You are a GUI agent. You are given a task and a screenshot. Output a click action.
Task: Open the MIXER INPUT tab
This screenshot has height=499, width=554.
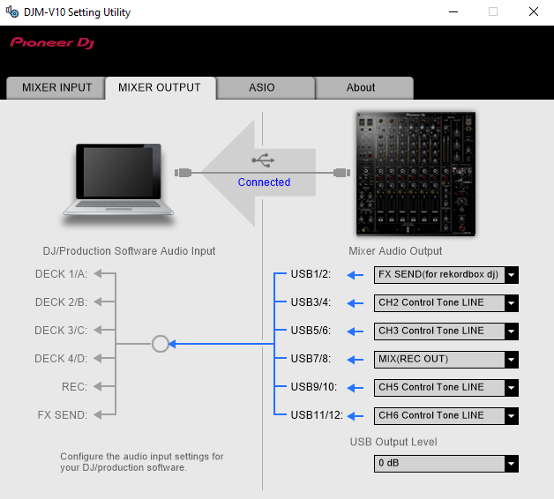pyautogui.click(x=56, y=87)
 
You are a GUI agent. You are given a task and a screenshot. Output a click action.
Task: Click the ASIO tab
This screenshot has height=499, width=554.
pyautogui.click(x=262, y=87)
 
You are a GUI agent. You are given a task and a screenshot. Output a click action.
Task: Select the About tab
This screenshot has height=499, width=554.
pyautogui.click(x=361, y=87)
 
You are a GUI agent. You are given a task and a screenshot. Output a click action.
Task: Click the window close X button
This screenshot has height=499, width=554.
pyautogui.click(x=534, y=11)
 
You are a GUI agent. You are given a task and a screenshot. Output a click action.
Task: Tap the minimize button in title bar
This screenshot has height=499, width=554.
pyautogui.click(x=453, y=11)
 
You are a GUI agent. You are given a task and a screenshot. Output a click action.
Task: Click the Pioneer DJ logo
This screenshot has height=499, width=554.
pyautogui.click(x=52, y=42)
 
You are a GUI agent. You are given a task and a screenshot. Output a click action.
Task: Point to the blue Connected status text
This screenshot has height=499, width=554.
pyautogui.click(x=264, y=182)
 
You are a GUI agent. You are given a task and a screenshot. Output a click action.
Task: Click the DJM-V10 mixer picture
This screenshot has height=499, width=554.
pyautogui.click(x=415, y=174)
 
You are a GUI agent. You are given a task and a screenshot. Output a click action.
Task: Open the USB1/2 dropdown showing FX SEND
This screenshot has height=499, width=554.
pyautogui.click(x=446, y=275)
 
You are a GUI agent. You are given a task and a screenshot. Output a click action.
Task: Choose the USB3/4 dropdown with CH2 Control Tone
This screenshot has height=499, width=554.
pyautogui.click(x=446, y=303)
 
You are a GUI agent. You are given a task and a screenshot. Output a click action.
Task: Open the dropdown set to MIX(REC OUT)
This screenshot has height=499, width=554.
pyautogui.click(x=446, y=360)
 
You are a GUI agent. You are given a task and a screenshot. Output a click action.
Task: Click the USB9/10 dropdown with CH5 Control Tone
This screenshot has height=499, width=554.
pyautogui.click(x=446, y=388)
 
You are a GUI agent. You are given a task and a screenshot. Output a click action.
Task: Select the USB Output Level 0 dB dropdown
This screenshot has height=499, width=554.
pyautogui.click(x=446, y=464)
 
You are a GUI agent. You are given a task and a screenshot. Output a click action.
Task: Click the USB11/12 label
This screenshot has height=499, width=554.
pyautogui.click(x=317, y=415)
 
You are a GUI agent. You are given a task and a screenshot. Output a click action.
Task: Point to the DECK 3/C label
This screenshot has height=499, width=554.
pyautogui.click(x=61, y=331)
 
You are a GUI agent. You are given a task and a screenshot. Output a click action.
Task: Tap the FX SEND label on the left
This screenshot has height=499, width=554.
pyautogui.click(x=62, y=415)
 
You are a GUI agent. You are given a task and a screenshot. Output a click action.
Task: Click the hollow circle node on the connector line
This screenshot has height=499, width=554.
pyautogui.click(x=160, y=344)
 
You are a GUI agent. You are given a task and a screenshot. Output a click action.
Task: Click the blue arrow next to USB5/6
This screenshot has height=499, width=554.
pyautogui.click(x=356, y=331)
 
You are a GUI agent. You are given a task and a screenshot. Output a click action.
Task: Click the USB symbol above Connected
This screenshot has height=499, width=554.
pyautogui.click(x=263, y=160)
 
